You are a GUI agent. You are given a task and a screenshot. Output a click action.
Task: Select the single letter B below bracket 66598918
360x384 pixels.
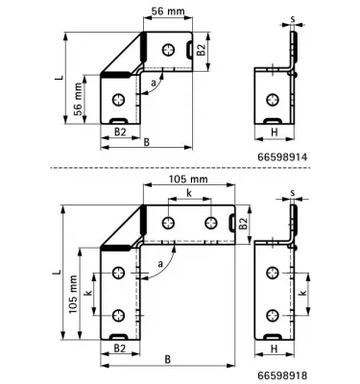[167, 360]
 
